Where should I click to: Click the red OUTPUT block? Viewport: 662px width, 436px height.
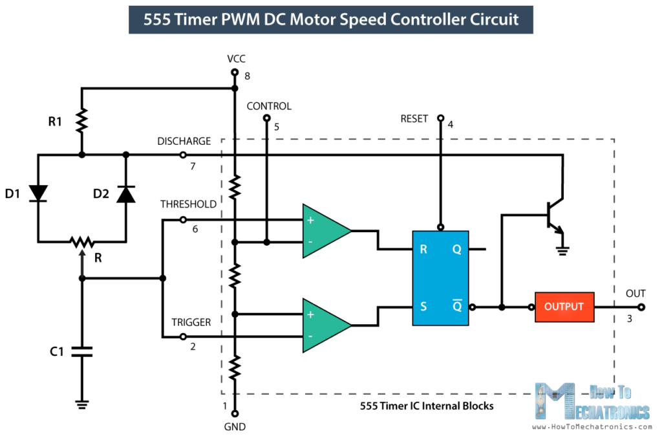(564, 307)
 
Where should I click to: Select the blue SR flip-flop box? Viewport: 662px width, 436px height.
(443, 278)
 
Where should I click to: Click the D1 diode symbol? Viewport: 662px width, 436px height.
(38, 193)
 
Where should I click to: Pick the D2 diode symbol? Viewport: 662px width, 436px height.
(125, 193)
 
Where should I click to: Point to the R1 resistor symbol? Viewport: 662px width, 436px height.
(81, 120)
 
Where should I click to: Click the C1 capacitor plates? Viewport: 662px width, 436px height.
(81, 352)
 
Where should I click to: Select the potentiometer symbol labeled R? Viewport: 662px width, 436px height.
(81, 243)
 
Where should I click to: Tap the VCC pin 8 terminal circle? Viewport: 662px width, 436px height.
(234, 74)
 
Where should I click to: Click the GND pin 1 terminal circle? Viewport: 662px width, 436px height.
(234, 413)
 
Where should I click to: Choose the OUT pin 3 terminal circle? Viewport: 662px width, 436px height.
(641, 307)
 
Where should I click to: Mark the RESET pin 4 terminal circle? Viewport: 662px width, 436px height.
(440, 119)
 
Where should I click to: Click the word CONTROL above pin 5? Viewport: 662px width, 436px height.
(269, 106)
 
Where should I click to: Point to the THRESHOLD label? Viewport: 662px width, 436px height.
(188, 204)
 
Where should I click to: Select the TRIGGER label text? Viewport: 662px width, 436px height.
(191, 322)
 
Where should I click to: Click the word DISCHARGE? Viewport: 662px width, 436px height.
(184, 141)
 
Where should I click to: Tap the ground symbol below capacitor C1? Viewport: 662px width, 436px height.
(81, 404)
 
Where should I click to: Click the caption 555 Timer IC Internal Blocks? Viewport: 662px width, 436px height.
(427, 406)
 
